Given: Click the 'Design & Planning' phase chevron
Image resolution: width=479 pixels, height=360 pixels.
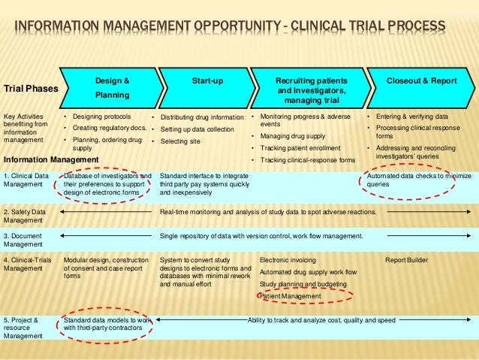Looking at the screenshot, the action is (113, 88).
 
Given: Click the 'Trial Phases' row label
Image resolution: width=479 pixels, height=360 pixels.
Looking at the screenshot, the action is (31, 89).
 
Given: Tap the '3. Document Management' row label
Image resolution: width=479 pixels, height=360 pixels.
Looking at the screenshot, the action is (26, 241).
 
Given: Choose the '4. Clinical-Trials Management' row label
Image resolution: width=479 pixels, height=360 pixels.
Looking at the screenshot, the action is (29, 264).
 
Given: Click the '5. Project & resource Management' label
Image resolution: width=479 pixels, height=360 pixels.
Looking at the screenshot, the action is (26, 328).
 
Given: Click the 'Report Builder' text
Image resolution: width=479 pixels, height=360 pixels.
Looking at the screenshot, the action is (406, 260).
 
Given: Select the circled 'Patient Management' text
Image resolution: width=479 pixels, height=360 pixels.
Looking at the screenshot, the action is (290, 296).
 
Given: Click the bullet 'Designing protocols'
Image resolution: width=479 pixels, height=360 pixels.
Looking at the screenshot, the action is (101, 117).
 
